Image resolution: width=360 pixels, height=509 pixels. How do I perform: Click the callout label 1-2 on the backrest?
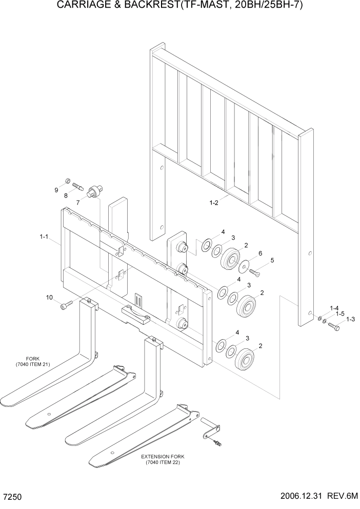pos(214,203)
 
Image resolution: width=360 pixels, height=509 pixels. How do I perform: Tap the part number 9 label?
pos(56,190)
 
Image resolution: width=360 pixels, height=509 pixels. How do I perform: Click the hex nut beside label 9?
pos(68,181)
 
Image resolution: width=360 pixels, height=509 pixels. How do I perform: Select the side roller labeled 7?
pos(95,191)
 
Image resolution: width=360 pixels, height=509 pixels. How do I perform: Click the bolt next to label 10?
pos(65,306)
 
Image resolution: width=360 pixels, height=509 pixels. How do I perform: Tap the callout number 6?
pos(260,253)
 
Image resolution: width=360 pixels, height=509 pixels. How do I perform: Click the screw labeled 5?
pos(255,272)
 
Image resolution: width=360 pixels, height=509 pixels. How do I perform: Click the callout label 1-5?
pos(340,314)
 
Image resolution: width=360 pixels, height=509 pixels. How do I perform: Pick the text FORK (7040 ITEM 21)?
pos(33,362)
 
